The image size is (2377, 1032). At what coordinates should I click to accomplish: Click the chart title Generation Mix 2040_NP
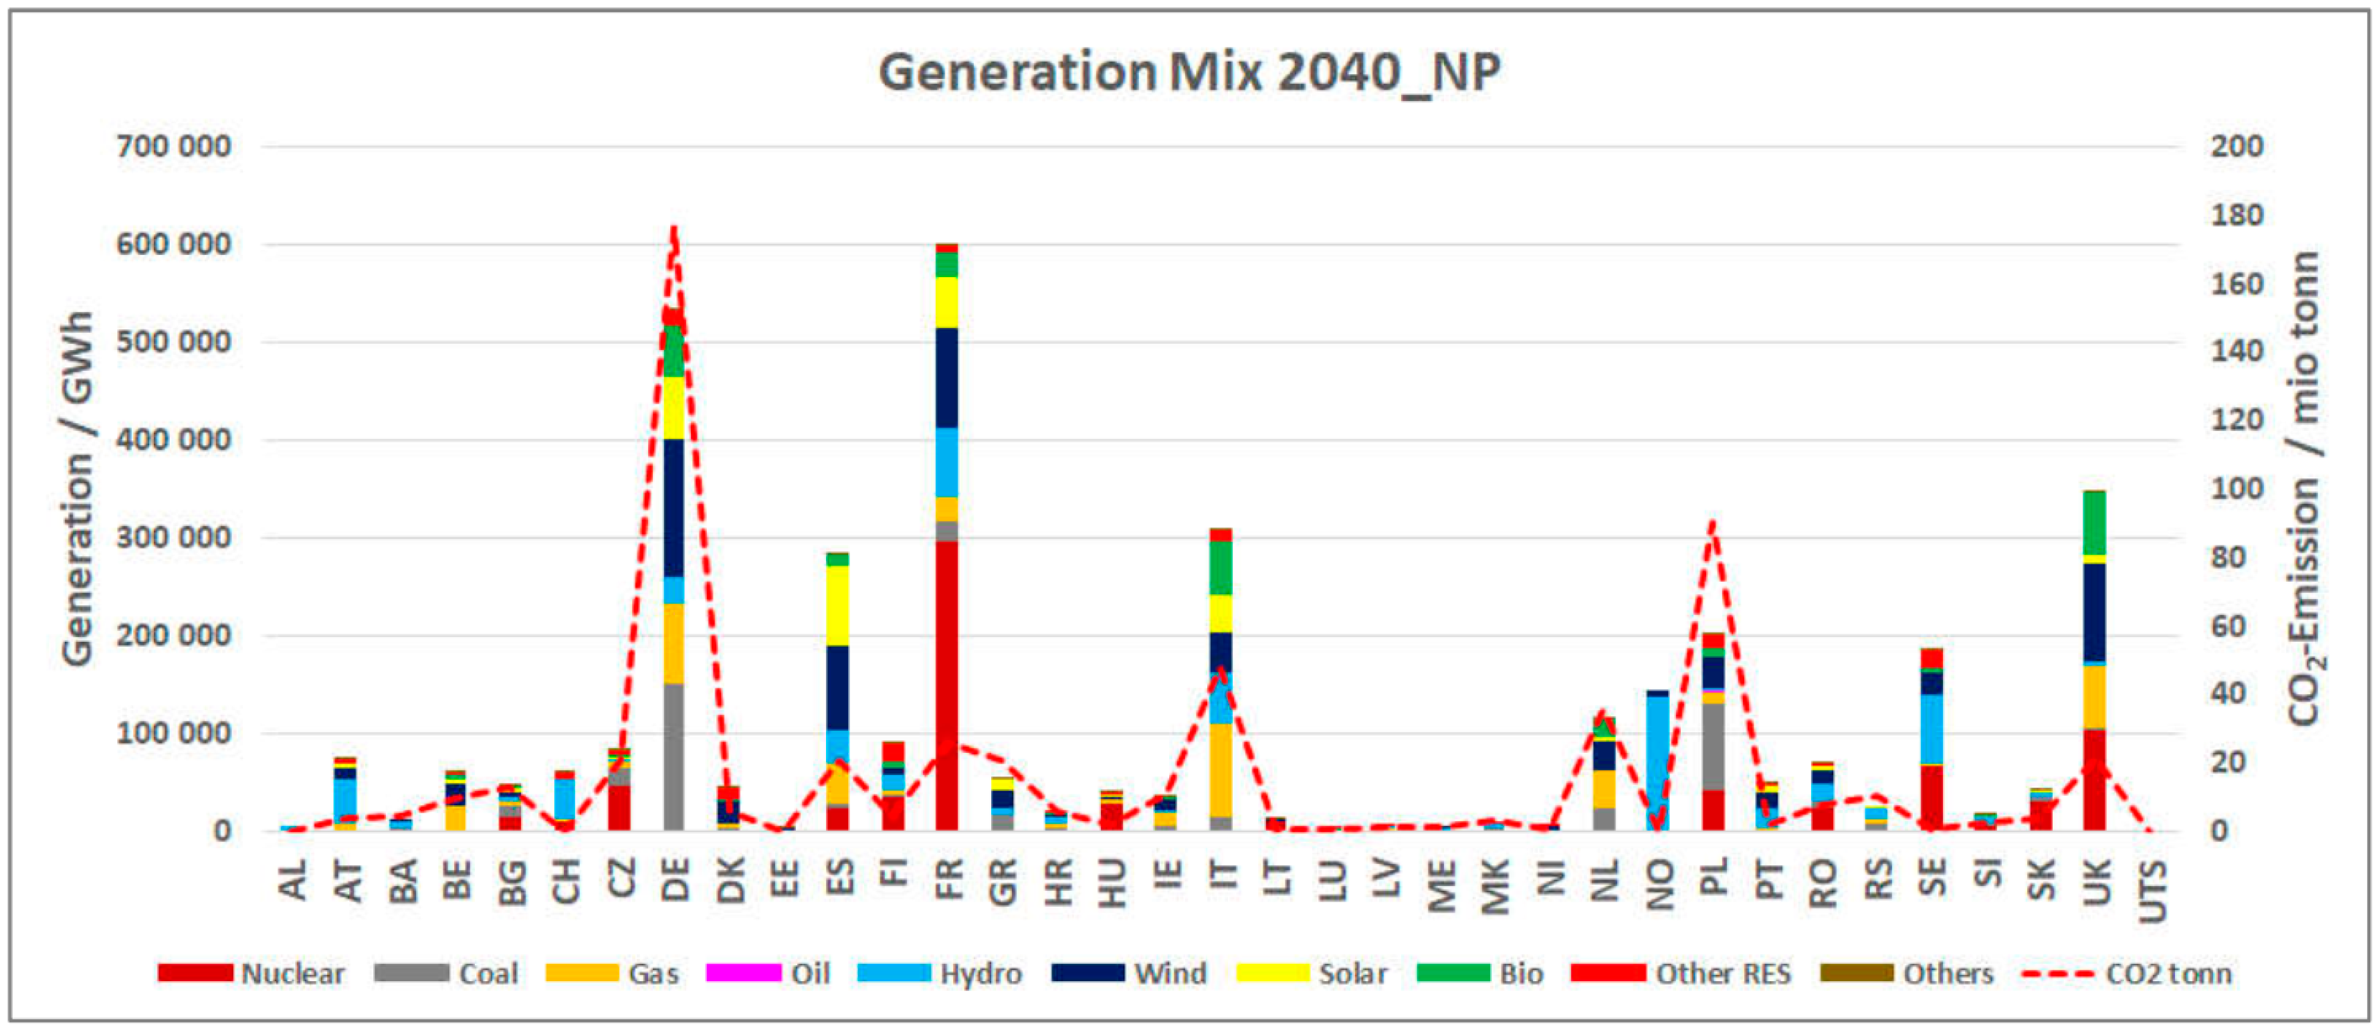(x=1188, y=72)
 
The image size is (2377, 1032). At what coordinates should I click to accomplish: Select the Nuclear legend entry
(x=251, y=974)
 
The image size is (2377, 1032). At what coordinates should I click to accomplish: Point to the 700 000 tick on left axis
(x=173, y=146)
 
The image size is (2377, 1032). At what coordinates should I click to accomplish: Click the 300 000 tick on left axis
(x=173, y=537)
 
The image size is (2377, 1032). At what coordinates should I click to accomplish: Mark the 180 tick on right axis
(x=2236, y=215)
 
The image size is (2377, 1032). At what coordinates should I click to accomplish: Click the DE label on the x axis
(x=676, y=879)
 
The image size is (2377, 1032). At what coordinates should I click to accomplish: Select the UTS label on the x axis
(x=2152, y=891)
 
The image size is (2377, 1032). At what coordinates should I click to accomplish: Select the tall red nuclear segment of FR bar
(x=947, y=683)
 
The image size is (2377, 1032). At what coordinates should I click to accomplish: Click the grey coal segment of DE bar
(x=675, y=757)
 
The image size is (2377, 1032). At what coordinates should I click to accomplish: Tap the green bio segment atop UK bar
(x=2095, y=523)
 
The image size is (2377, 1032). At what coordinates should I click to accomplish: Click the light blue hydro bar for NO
(x=1658, y=757)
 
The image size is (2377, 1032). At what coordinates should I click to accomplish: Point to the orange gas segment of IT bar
(x=1221, y=771)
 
